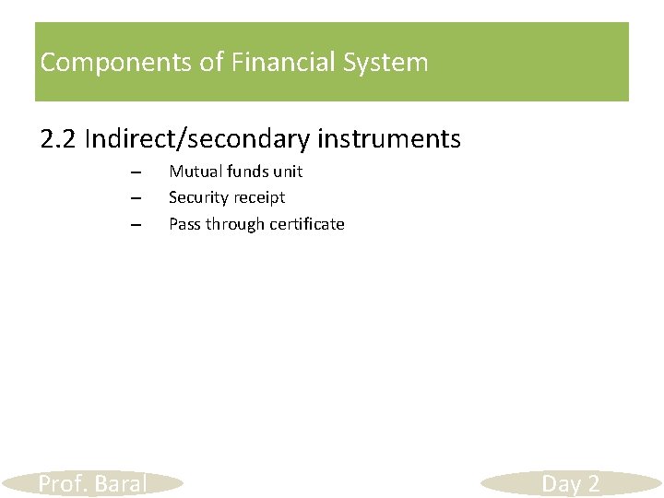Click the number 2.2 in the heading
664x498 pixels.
click(59, 139)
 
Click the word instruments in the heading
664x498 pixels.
click(388, 139)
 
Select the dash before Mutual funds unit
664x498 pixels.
click(135, 172)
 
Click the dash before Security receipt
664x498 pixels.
click(135, 198)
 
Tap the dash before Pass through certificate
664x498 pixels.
click(135, 225)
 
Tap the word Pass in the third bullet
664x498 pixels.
click(184, 224)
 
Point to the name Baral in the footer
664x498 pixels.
click(121, 484)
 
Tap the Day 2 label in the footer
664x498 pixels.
click(571, 484)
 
